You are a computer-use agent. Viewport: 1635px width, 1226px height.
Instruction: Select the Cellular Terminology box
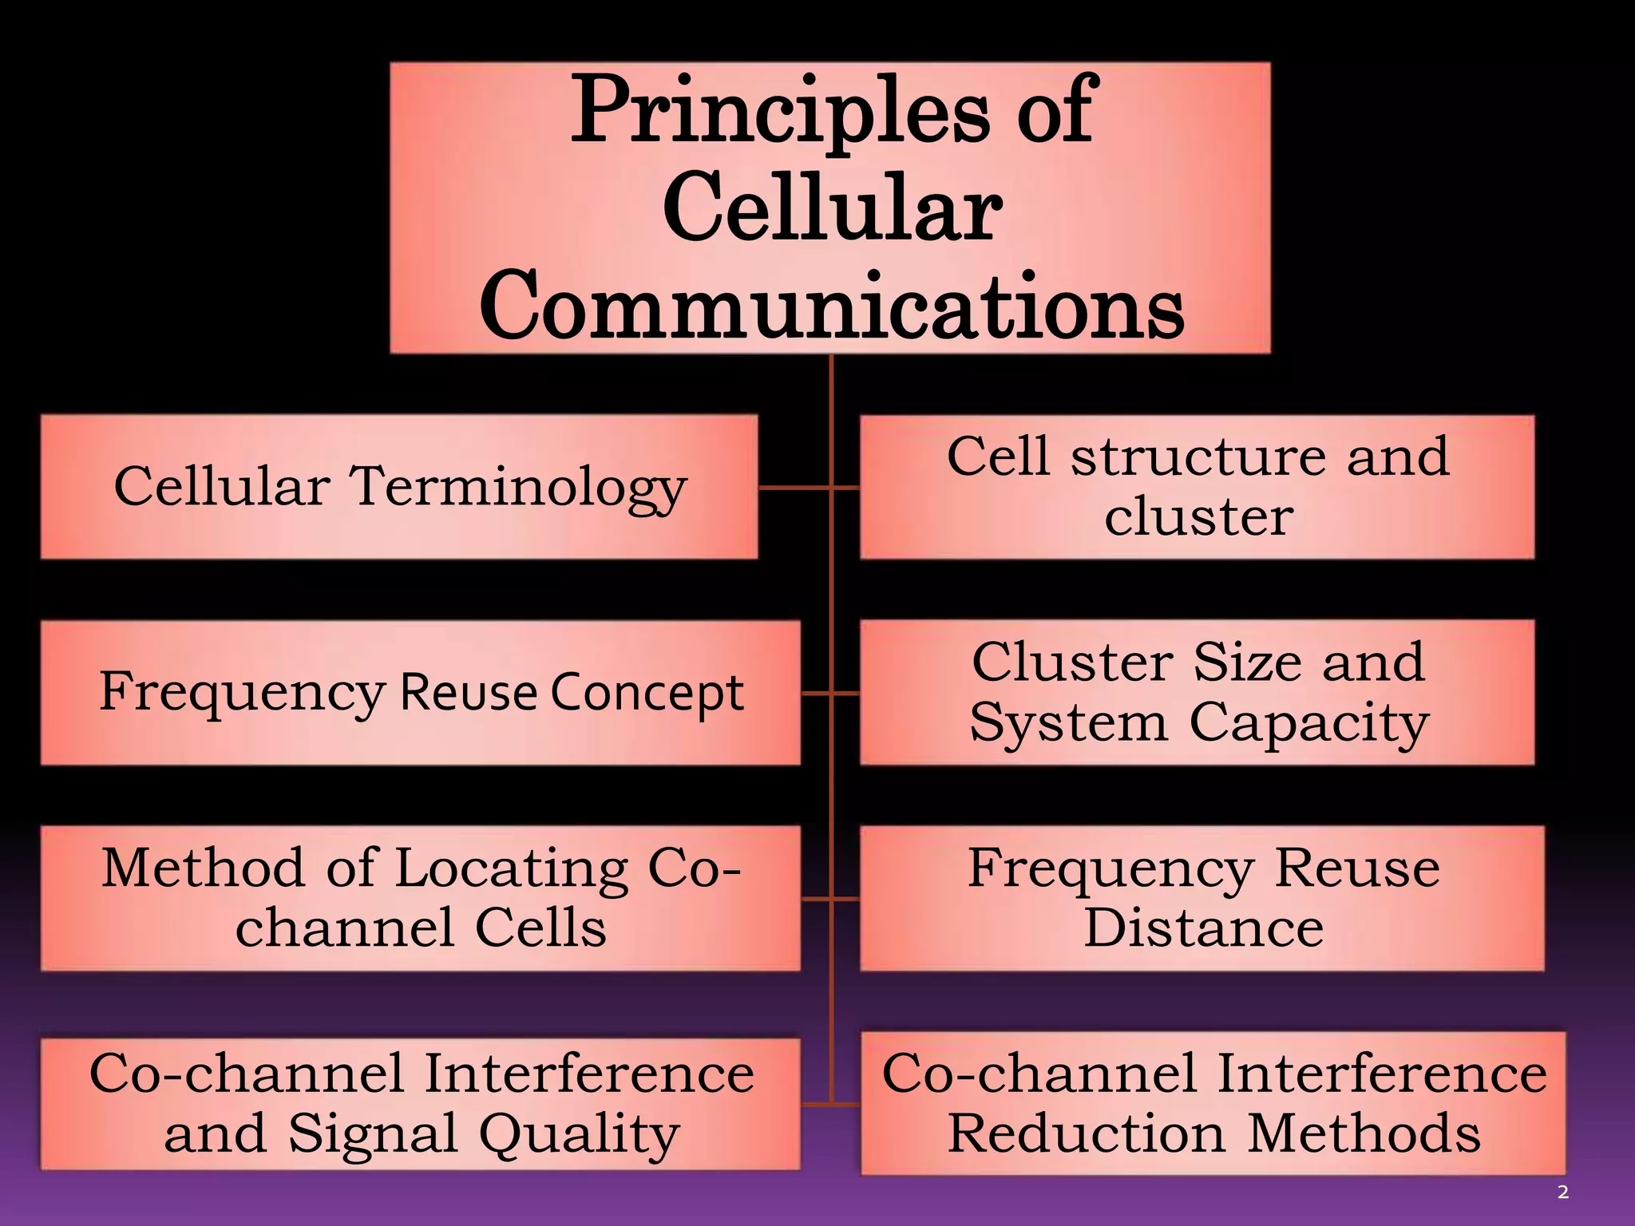[399, 486]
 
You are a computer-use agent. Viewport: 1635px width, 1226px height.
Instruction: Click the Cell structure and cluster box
[1197, 486]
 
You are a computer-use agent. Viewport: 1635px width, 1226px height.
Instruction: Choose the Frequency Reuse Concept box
[420, 692]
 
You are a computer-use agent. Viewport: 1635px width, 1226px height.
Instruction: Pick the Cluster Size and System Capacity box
[1197, 692]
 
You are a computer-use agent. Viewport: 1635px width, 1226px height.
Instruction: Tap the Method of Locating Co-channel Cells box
[420, 898]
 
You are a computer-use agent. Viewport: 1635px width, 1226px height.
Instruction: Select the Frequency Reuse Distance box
[1202, 898]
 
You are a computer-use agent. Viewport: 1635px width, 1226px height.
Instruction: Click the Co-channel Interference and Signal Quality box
[420, 1104]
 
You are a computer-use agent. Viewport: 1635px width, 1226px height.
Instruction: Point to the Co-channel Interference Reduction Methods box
[1213, 1104]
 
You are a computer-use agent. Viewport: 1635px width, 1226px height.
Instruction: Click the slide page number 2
[1562, 1192]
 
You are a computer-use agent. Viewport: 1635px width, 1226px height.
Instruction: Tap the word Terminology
[519, 486]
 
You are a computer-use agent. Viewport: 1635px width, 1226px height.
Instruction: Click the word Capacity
[1308, 723]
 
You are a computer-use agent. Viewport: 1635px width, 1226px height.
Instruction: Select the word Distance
[1203, 928]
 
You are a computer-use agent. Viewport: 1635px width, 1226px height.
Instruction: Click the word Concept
[647, 693]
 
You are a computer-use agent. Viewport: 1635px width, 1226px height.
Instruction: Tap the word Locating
[512, 868]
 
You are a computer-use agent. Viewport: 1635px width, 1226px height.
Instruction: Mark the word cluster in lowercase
[1198, 516]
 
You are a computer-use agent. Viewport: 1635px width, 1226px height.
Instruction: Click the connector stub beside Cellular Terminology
[794, 486]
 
